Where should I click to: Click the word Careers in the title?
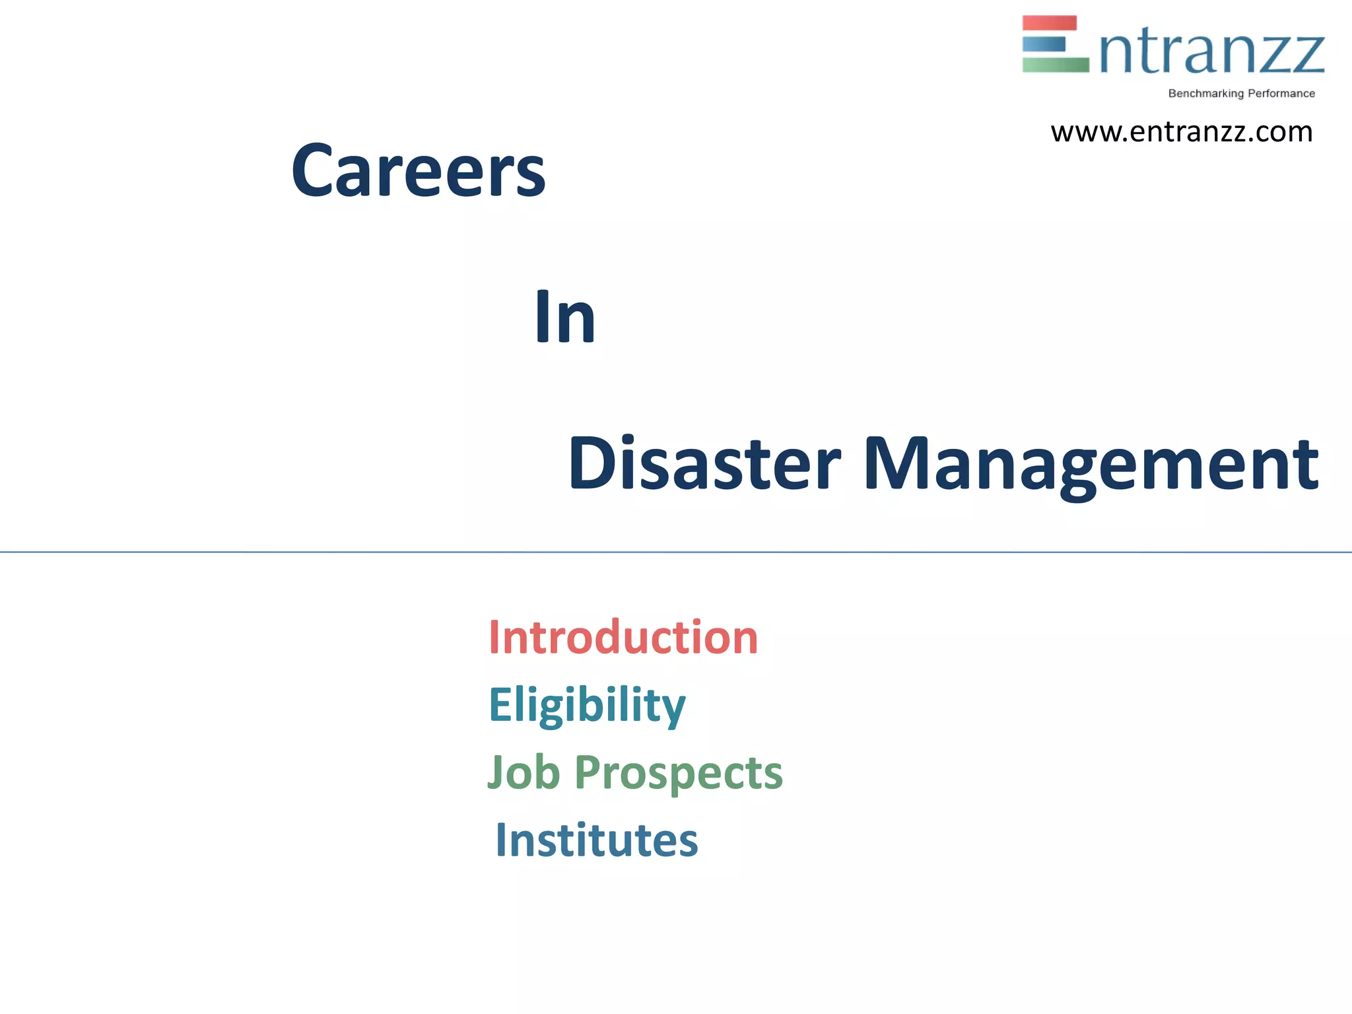tap(418, 170)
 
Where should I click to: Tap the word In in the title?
tap(564, 317)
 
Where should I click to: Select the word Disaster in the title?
tap(704, 463)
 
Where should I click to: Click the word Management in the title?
tap(1091, 463)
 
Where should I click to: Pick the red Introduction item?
tap(623, 638)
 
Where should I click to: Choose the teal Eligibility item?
tap(587, 705)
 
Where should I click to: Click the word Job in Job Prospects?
tap(524, 772)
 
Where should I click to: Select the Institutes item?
tap(596, 840)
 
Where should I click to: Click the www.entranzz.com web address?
tap(1181, 132)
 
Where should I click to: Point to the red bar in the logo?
tap(1049, 23)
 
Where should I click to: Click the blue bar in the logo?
tap(1044, 44)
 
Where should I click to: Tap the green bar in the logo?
tap(1055, 65)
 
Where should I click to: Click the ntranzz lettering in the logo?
tap(1211, 53)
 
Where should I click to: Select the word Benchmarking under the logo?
tap(1205, 94)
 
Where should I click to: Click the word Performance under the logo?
tap(1281, 94)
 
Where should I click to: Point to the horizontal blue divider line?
tap(676, 552)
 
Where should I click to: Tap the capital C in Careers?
tap(314, 170)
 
